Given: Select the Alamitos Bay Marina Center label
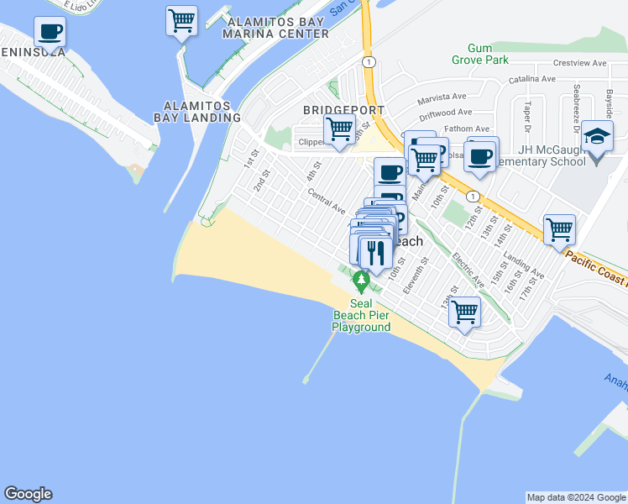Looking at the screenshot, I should [276, 27].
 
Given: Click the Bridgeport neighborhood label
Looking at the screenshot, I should [344, 110].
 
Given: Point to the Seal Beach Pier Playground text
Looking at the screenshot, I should [361, 315].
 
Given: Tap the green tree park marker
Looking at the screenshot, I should [362, 279].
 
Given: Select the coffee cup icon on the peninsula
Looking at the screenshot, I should [50, 33].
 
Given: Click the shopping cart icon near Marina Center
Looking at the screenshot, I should [181, 20].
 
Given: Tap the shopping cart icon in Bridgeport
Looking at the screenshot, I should [339, 130].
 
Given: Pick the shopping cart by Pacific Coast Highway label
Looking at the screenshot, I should [559, 228].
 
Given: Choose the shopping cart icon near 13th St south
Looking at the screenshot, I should [464, 312].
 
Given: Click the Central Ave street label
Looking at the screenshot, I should [327, 202].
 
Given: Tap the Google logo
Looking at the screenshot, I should [28, 494].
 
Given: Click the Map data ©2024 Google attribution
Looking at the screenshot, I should [575, 497].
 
